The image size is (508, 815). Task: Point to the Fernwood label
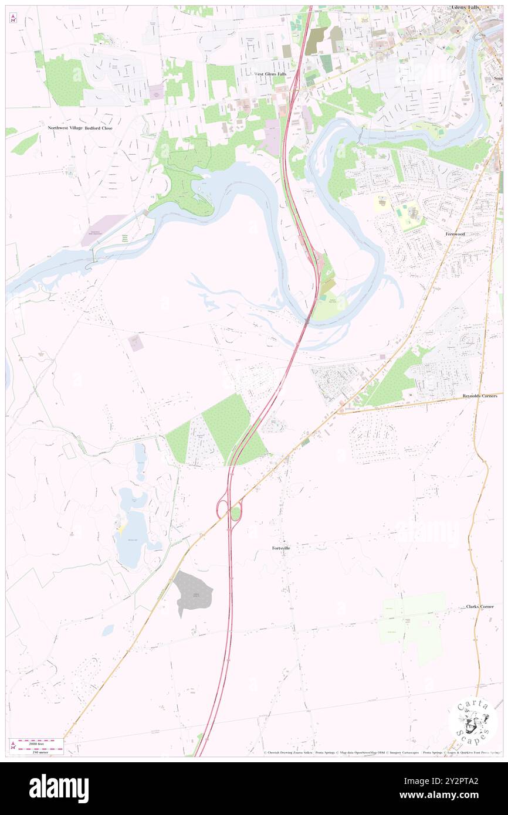pyautogui.click(x=455, y=233)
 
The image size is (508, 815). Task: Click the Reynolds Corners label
pyautogui.click(x=479, y=396)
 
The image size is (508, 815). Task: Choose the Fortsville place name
pyautogui.click(x=282, y=548)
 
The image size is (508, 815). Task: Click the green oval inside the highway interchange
pyautogui.click(x=236, y=514)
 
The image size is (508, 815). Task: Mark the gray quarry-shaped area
pyautogui.click(x=192, y=592)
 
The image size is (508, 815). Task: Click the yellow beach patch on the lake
pyautogui.click(x=121, y=528)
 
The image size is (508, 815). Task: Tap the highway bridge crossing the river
pyautogui.click(x=307, y=320)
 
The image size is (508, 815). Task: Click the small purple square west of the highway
pyautogui.click(x=136, y=343)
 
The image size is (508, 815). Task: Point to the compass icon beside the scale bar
pyautogui.click(x=13, y=745)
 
